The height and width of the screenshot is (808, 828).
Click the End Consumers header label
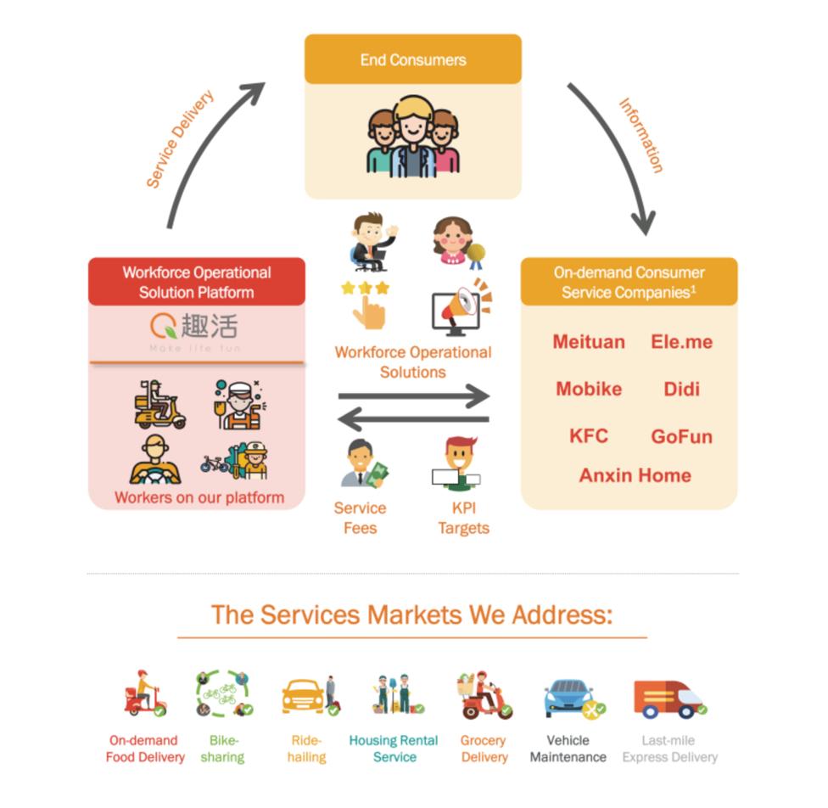413,60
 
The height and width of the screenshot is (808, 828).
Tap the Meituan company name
589,342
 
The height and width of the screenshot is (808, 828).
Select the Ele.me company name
681,342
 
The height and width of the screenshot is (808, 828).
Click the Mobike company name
589,390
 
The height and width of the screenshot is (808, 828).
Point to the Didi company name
682,390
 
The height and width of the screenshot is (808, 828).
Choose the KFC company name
589,436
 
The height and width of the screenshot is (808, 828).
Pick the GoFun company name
681,437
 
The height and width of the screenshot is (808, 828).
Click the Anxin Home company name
635,475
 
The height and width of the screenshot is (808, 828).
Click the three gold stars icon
365,289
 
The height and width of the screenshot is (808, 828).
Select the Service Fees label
360,518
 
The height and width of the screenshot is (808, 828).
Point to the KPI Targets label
463,518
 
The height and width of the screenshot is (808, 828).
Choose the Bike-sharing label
224,749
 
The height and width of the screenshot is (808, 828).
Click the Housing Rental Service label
394,749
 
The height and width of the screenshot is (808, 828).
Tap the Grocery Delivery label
484,749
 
